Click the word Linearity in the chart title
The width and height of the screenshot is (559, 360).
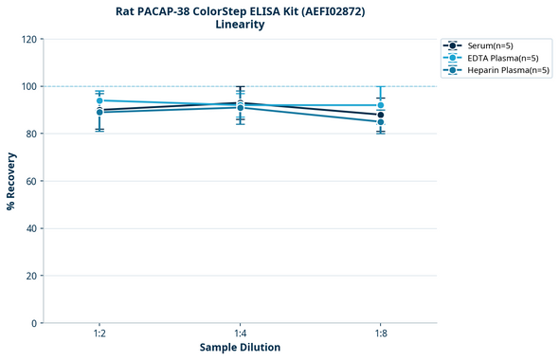(x=240, y=25)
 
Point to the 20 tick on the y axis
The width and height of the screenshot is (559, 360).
(x=31, y=276)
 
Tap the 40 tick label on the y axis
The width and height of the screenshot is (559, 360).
(x=31, y=228)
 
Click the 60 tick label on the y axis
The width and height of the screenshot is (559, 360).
(x=31, y=181)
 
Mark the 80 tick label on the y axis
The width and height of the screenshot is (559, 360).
(x=31, y=134)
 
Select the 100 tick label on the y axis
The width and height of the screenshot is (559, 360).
(x=29, y=86)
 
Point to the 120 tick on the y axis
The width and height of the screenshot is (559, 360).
(x=29, y=39)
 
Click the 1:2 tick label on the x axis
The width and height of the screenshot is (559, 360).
(x=99, y=333)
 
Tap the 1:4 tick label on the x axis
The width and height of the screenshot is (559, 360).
(x=240, y=333)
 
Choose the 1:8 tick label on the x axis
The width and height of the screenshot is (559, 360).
(x=381, y=333)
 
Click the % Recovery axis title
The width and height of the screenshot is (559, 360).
(x=11, y=181)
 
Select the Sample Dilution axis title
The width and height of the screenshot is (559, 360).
(x=240, y=348)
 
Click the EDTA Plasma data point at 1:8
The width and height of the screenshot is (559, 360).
(x=381, y=105)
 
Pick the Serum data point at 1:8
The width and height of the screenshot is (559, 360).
(x=381, y=115)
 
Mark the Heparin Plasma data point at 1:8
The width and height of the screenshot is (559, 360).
(x=381, y=122)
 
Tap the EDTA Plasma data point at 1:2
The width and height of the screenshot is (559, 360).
(x=99, y=100)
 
